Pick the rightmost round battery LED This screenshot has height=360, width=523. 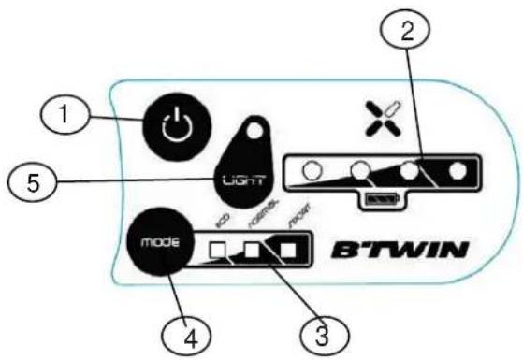click(458, 173)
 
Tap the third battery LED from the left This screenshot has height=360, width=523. click(409, 173)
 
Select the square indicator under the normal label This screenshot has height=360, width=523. click(251, 252)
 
